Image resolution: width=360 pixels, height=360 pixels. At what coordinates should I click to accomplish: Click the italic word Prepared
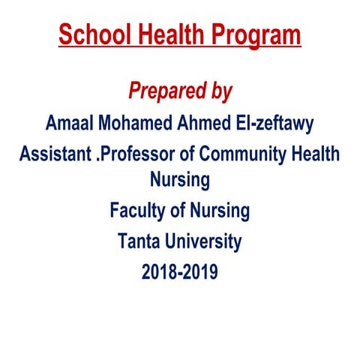coord(165,91)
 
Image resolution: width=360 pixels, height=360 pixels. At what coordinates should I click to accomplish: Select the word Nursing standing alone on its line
coord(180,180)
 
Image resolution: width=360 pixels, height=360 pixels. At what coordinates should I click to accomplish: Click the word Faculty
coord(139,211)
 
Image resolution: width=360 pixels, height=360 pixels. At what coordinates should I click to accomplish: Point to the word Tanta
coord(139,241)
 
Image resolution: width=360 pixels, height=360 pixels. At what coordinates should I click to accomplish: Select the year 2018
coord(158,271)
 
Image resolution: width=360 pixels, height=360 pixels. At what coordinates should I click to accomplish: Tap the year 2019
coord(201,271)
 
